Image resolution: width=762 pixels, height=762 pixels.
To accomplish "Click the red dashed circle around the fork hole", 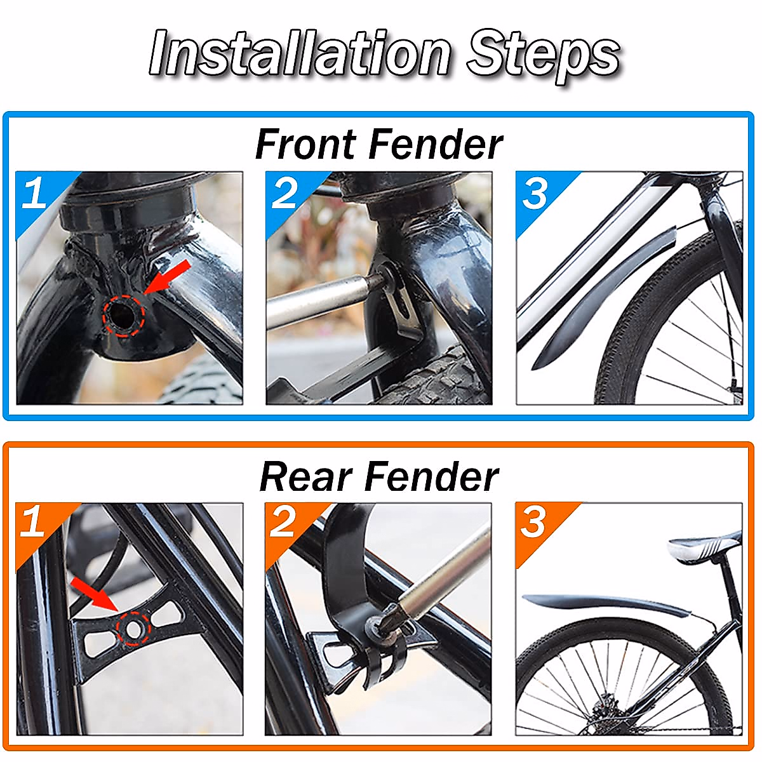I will (124, 315).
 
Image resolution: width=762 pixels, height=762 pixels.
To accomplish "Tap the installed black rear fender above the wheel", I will (603, 604).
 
